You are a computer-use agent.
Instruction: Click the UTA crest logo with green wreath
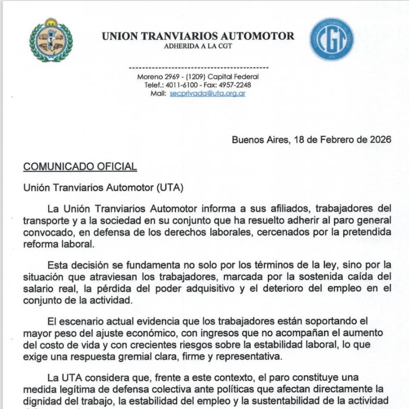[x=51, y=40]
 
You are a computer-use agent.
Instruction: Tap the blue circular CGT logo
[x=332, y=39]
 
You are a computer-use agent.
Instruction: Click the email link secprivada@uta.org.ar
[x=207, y=93]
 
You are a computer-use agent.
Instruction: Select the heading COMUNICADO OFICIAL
[x=80, y=166]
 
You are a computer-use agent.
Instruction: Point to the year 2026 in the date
[x=380, y=140]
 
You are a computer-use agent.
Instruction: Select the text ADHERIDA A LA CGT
[x=198, y=46]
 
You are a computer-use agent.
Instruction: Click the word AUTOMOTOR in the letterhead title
[x=258, y=36]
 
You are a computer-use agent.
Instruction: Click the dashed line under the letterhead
[x=198, y=68]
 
